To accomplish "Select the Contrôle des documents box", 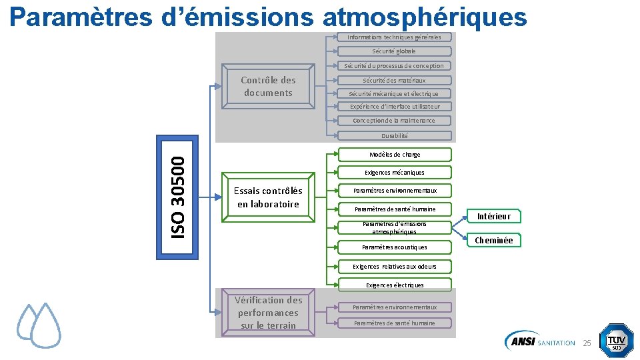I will point(268,86).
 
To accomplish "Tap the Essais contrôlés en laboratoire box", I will point(268,197).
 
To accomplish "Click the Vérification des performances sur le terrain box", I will point(268,313).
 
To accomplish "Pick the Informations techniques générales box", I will point(394,37).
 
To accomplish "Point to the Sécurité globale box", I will point(394,51).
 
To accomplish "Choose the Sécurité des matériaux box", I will point(394,80).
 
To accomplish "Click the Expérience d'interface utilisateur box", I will point(395,107).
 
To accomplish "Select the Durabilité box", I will point(395,135).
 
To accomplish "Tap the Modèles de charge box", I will point(395,155).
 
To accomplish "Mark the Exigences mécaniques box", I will point(395,173).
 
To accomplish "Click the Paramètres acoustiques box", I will point(395,247).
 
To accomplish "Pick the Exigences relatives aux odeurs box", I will point(395,267).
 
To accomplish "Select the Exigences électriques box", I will point(395,285).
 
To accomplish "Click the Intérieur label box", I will point(494,216).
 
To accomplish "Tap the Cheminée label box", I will point(494,241).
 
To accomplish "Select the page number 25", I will point(587,343).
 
